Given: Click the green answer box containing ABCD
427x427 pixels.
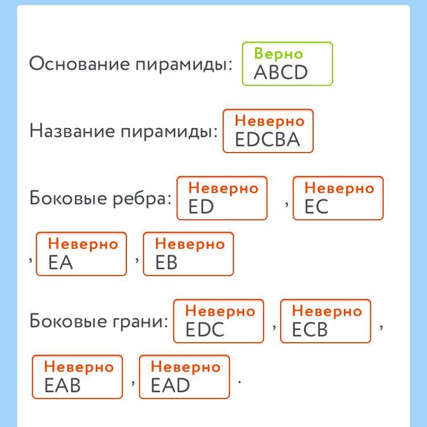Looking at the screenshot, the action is point(288,64).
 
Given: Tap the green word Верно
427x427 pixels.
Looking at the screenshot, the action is point(278,54).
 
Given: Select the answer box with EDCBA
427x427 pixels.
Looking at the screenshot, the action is point(268,131).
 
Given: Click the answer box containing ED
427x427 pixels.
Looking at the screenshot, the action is point(222,198).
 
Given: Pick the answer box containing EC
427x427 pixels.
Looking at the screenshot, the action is point(338,198).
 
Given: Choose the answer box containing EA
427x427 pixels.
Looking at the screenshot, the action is point(81,254).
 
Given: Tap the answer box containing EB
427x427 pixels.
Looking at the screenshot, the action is point(188,254).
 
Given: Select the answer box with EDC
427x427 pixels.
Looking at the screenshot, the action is point(219,321).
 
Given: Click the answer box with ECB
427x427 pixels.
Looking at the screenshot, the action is point(326,321).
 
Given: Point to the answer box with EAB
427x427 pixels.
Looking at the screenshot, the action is point(77,377).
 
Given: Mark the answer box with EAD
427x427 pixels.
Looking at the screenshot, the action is point(184,377).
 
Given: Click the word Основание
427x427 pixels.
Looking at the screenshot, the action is point(80,64).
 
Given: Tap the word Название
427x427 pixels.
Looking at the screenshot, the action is point(72,131).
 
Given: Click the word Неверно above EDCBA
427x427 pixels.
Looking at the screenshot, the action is point(269,121).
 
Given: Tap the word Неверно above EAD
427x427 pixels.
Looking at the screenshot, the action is point(186,367).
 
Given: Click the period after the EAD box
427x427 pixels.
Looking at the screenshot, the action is point(239,382).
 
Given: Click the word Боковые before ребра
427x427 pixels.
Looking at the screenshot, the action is point(68,198).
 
